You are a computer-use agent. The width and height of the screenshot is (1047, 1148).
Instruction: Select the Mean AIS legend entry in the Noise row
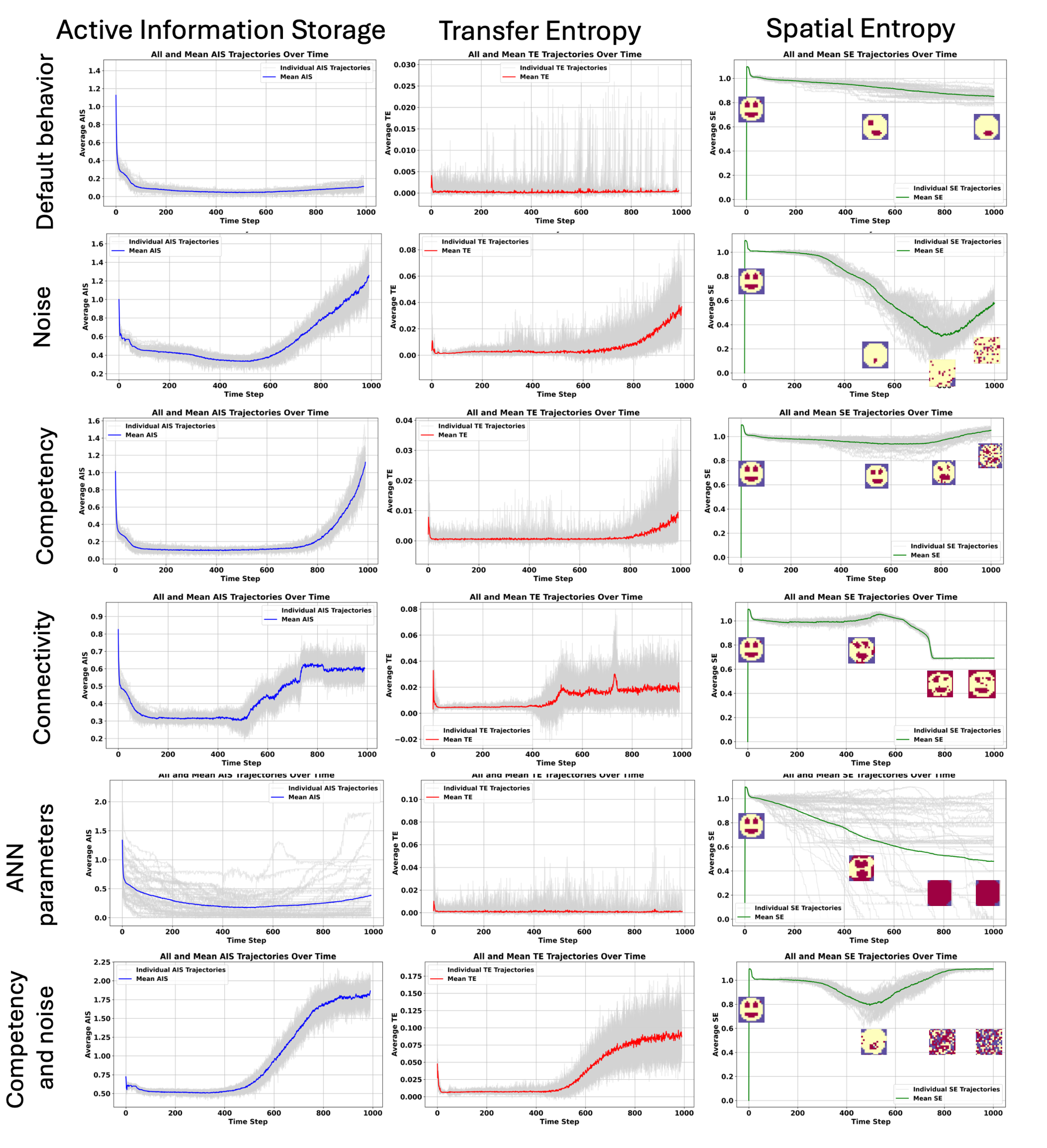145,251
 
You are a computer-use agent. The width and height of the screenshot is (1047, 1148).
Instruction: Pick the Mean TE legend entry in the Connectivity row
457,739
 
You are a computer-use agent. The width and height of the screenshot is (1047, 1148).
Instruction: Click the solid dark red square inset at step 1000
987,893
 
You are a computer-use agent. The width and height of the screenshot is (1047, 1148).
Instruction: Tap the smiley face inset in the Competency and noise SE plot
751,1009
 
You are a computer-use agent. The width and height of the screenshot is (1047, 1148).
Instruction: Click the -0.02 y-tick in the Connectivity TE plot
406,739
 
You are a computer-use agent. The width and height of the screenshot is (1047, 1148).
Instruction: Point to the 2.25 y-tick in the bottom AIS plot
102,962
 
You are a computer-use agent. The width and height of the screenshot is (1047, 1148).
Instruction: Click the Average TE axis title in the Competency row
390,491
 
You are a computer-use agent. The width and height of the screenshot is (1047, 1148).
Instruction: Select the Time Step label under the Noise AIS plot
244,394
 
